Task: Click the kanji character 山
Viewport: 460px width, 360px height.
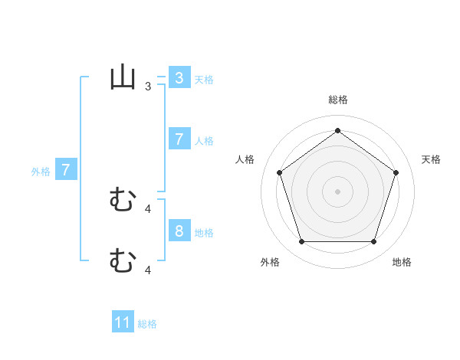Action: (123, 78)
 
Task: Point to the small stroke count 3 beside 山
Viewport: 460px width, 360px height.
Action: (148, 87)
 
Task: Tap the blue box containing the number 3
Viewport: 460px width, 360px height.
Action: (179, 78)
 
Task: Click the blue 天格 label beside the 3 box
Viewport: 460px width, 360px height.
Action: (204, 79)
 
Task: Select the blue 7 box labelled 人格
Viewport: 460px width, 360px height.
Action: (179, 139)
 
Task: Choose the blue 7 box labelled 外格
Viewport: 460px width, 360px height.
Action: (66, 170)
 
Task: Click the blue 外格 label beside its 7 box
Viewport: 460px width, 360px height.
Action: (41, 172)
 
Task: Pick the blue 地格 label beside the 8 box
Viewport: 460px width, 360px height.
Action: (204, 232)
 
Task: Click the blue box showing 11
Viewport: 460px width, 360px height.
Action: (123, 322)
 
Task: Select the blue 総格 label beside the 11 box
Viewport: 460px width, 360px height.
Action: (147, 324)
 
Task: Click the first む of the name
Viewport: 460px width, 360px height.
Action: (123, 201)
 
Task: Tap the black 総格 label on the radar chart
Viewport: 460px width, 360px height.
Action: (337, 100)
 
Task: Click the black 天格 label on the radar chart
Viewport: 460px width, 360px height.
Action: (431, 159)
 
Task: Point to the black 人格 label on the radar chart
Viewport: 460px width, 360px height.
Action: (245, 159)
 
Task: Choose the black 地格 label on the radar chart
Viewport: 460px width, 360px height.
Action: (402, 262)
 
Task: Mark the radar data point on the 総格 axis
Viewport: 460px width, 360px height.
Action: (337, 130)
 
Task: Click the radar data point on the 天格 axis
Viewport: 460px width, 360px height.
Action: (396, 172)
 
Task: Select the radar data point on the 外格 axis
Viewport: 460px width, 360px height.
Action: (301, 241)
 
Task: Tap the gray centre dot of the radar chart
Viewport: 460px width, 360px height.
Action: (337, 191)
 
